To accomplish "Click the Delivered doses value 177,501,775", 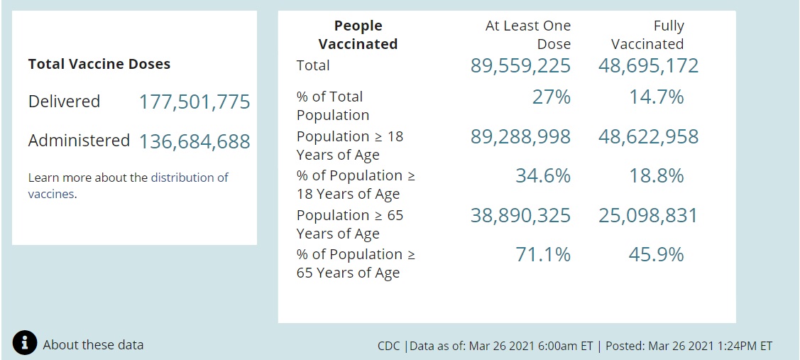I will [x=194, y=102].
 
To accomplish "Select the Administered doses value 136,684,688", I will [x=194, y=141].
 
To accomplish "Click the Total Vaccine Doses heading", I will [x=99, y=64].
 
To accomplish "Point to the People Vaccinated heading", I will [x=358, y=35].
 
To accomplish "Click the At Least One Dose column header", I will [x=527, y=35].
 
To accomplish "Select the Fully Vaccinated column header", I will [x=647, y=35].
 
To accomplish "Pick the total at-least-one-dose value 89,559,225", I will [x=520, y=66].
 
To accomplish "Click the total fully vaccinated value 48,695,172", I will [x=648, y=66].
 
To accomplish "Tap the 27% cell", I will [x=551, y=97].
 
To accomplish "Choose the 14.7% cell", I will [x=656, y=97].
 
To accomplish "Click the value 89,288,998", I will [x=520, y=137].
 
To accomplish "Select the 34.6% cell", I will [x=542, y=176].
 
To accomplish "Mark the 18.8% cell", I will [x=656, y=176].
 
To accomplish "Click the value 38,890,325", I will [x=520, y=216].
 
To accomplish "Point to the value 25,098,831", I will [x=648, y=216].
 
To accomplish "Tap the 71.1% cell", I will [x=542, y=255].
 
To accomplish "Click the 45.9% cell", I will [x=656, y=255].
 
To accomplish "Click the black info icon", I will [x=25, y=343].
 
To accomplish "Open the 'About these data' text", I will [x=93, y=345].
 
